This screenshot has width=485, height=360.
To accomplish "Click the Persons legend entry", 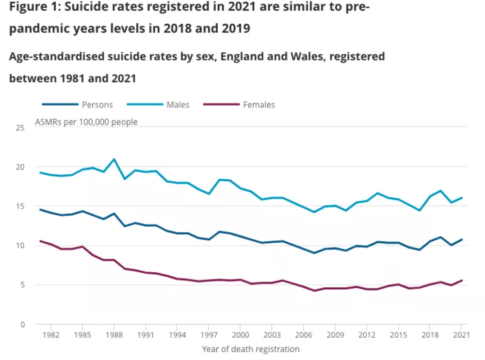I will [97, 105].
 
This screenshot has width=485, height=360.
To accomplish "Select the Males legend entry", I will [178, 105].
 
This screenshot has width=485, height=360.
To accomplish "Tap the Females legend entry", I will [259, 105].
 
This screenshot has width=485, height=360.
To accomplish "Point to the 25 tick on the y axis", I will [20, 128].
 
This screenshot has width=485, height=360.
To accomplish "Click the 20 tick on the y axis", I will [20, 167].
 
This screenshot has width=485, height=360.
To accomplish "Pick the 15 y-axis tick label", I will [20, 206].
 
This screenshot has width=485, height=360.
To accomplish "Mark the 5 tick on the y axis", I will [22, 285].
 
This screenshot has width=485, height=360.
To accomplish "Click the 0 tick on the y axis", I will [22, 324].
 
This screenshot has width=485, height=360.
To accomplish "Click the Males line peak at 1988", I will [114, 159].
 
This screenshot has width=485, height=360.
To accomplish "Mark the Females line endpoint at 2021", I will [461, 281].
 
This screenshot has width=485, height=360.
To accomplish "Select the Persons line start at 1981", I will [40, 210].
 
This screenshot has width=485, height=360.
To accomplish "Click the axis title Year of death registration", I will [250, 349].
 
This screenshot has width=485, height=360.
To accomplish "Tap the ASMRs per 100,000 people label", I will [86, 122].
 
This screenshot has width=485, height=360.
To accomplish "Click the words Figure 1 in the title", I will [33, 8].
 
